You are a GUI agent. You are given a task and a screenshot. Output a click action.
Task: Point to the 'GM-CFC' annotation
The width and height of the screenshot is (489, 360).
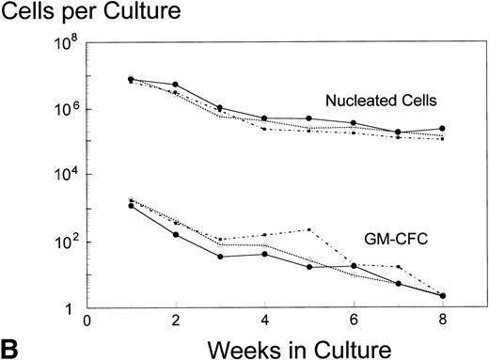[393, 240]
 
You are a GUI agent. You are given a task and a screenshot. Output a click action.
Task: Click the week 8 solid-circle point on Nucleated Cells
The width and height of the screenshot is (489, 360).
[442, 128]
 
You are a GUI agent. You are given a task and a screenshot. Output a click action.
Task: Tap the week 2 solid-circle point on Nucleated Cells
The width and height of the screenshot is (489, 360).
[175, 85]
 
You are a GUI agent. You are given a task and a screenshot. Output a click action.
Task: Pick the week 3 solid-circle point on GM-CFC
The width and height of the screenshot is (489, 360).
[220, 257]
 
